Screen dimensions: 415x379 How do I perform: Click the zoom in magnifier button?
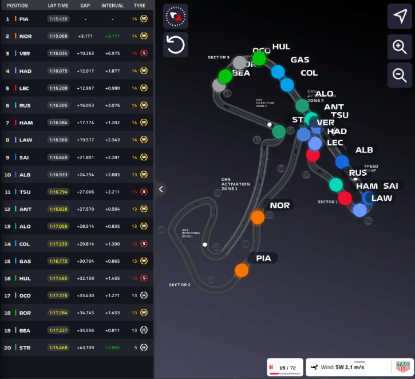pos(400,46)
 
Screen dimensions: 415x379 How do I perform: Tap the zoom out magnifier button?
pos(400,74)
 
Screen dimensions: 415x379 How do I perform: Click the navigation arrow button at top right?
pos(400,18)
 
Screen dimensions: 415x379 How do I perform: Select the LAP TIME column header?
pos(59,5)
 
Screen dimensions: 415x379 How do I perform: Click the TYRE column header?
pos(139,5)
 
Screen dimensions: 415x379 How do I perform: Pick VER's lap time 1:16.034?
pos(58,53)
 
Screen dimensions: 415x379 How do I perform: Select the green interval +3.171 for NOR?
pos(112,36)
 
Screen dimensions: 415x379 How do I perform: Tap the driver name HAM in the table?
pos(25,123)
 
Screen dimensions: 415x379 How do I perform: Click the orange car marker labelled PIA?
pos(242,270)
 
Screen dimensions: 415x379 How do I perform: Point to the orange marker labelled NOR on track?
pos(258,217)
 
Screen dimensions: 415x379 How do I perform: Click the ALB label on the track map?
pos(364,150)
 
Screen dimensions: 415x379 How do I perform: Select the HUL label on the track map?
pos(281,47)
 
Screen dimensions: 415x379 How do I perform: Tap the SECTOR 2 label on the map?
pos(180,285)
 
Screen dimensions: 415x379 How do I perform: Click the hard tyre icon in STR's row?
pos(144,348)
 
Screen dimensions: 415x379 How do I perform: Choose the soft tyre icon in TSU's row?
pos(144,192)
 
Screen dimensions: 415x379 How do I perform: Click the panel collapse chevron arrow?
pos(161,189)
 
